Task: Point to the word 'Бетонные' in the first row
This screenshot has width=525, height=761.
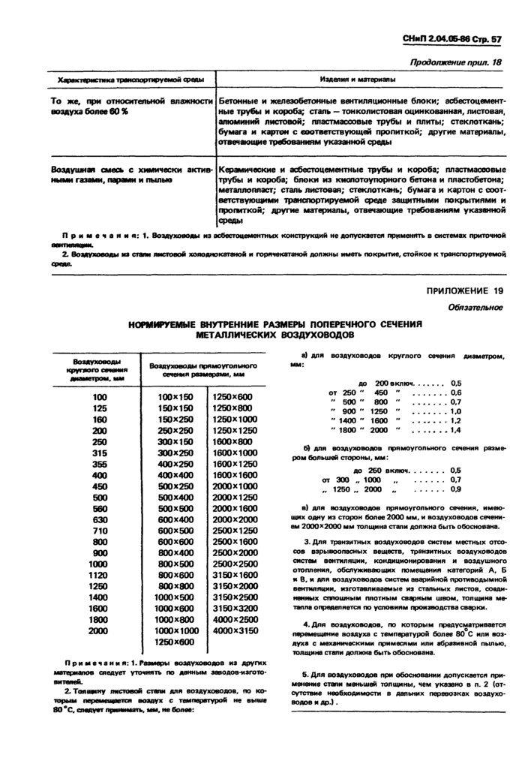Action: [240, 100]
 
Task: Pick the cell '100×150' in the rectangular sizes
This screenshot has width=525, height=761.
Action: [175, 396]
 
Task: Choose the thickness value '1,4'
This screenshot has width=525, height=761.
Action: [455, 430]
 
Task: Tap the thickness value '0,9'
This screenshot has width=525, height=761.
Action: [455, 489]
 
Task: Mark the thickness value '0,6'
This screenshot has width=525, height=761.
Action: [455, 393]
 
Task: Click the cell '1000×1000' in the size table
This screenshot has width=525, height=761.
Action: [175, 631]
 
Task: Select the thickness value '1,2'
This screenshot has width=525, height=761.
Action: [455, 421]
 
